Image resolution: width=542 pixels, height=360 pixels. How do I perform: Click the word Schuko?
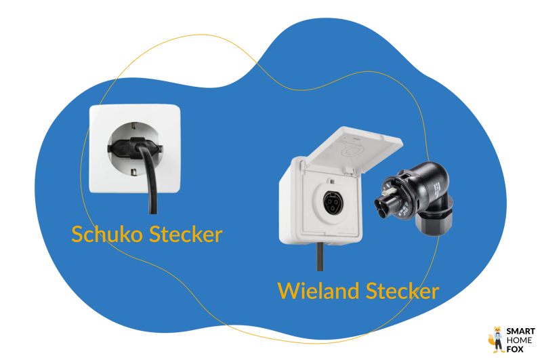(x=107, y=235)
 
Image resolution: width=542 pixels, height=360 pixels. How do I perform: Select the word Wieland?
(x=317, y=291)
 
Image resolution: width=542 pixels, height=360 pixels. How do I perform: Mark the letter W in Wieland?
(x=287, y=291)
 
